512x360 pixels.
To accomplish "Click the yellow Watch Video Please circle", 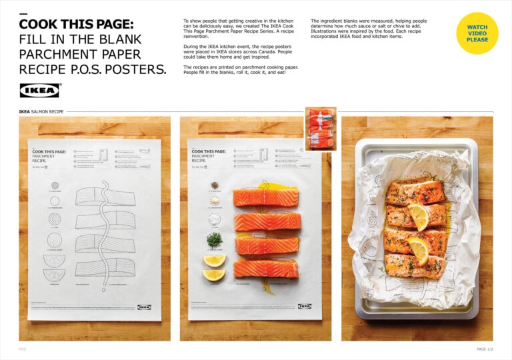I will coord(477,33).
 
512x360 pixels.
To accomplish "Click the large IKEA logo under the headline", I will coord(39,90).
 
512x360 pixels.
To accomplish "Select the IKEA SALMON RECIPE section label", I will coord(41,112).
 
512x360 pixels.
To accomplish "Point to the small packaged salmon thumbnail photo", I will coord(321,129).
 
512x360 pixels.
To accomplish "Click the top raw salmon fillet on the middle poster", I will coord(265,197).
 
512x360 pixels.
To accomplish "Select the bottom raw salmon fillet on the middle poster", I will coord(265,268).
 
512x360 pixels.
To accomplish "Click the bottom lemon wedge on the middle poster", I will coord(214,274).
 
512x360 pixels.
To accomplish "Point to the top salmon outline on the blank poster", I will coord(105,197).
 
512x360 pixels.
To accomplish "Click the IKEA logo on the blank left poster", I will coord(144,307).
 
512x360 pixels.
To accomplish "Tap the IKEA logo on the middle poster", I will coord(304,307).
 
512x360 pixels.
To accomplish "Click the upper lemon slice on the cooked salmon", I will coord(418,216).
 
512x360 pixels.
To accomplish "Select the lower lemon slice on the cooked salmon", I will coord(418,250).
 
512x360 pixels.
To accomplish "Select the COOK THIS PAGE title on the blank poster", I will coord(49,152).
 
